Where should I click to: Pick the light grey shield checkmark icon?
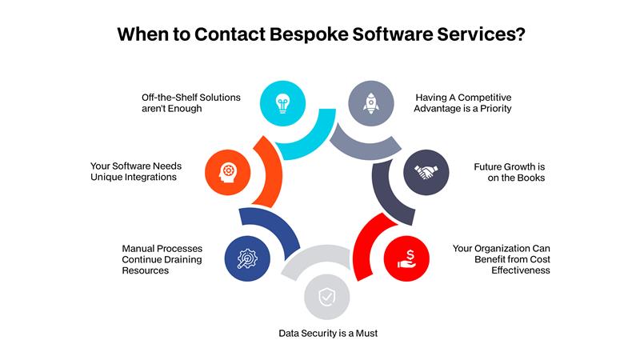(326, 298)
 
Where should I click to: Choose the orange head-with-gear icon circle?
(226, 171)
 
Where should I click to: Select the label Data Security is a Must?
(327, 333)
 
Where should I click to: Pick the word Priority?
(492, 108)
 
